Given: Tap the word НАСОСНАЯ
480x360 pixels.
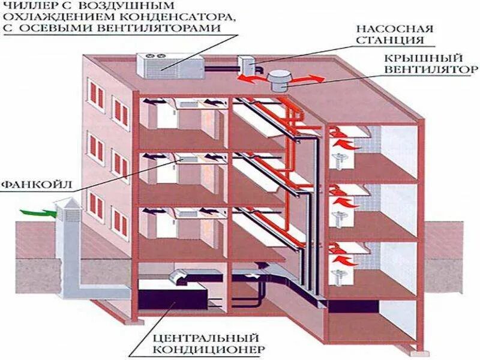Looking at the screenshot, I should [x=386, y=28].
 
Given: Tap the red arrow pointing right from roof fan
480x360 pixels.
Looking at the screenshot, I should [x=305, y=77].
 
